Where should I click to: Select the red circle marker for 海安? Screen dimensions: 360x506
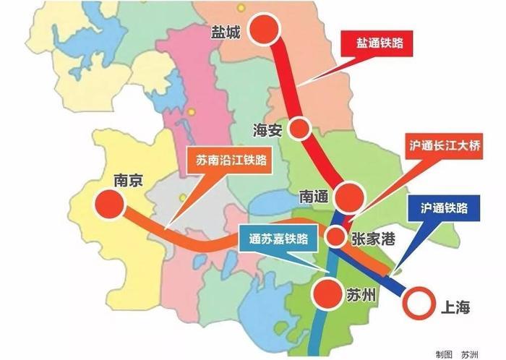pos(299,129)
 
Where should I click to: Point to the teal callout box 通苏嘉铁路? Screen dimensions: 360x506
pos(278,237)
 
